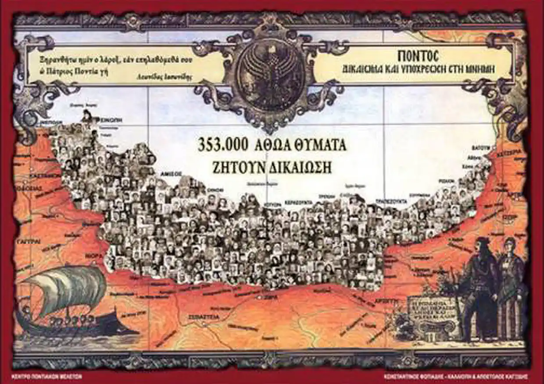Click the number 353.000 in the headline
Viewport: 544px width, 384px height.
click(x=223, y=145)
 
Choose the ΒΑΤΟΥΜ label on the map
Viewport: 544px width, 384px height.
click(x=480, y=148)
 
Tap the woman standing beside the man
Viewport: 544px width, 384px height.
click(x=511, y=285)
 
